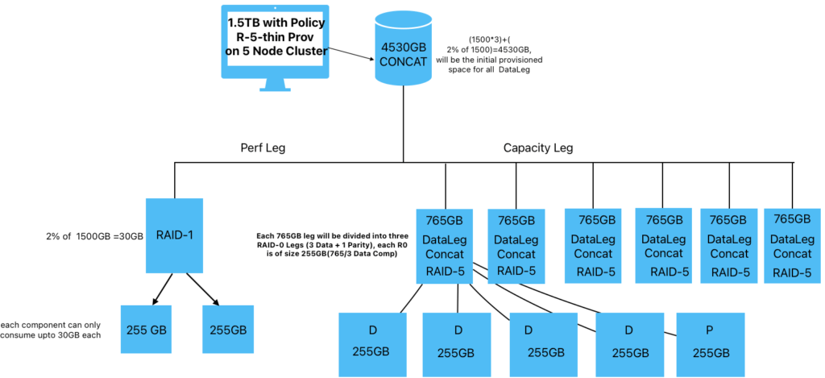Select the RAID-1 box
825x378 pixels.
174,235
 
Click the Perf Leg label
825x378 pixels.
262,148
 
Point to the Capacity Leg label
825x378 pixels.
537,148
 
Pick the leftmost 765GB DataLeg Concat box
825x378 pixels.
445,247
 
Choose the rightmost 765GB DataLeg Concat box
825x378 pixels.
790,247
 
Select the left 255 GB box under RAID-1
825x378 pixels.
147,329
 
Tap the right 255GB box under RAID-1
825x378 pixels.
228,329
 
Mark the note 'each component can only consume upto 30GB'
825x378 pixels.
51,330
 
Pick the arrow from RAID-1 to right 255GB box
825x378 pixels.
202,289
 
